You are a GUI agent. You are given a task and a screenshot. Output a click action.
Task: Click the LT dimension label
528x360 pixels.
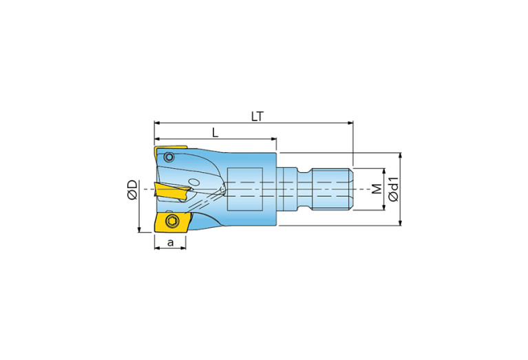[x=257, y=116]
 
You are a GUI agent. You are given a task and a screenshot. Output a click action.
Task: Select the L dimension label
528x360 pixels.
[x=215, y=133]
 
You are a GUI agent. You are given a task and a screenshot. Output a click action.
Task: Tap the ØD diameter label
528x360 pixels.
[x=133, y=190]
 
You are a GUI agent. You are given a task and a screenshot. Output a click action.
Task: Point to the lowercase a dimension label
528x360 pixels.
[x=171, y=242]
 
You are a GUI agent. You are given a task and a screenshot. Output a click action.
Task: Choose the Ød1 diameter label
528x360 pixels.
[x=393, y=189]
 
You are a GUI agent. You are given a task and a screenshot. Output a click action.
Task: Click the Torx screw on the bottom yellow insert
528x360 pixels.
[x=171, y=221]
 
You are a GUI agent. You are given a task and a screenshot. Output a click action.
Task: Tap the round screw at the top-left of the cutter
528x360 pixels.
[x=169, y=157]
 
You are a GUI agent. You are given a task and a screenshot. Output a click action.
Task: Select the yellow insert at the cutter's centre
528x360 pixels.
[x=171, y=191]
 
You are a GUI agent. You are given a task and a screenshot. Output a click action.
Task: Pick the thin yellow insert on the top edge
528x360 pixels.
[x=171, y=151]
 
